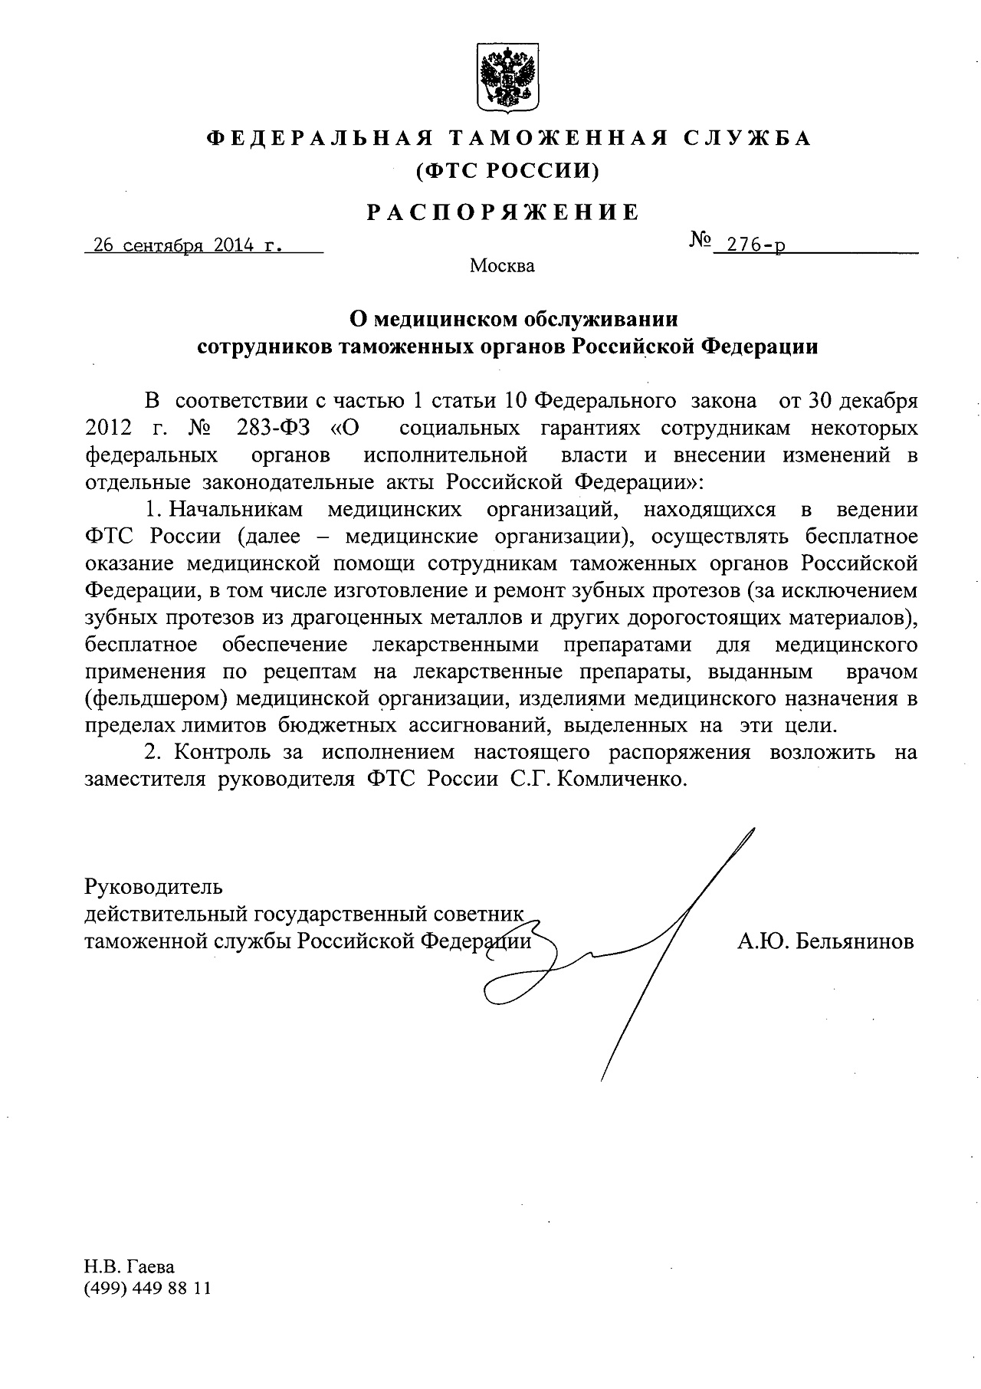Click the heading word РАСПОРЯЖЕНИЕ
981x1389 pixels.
coord(502,212)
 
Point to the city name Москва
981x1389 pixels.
coord(502,267)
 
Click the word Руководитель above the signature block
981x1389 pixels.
coord(153,887)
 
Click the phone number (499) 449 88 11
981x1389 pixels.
coord(147,1289)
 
